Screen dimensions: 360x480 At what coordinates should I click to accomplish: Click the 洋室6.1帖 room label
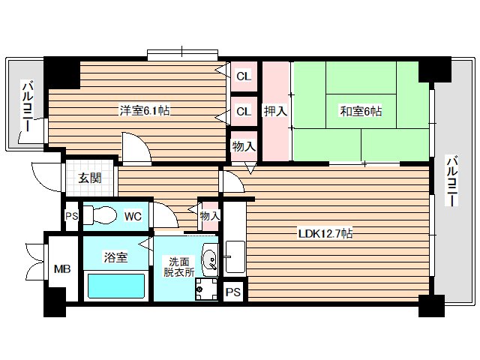coord(143,111)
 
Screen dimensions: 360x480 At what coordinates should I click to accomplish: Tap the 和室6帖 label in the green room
coord(361,111)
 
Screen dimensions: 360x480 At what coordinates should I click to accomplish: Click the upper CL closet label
coord(243,76)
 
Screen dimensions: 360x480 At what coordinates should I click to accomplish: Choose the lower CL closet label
coord(243,112)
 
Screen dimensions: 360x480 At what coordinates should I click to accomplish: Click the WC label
coord(133,217)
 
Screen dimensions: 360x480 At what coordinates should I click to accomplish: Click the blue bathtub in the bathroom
coord(116,286)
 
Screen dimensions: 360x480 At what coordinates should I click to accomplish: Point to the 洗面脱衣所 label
coord(179,268)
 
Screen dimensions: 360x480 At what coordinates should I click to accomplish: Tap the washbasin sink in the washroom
coord(209,261)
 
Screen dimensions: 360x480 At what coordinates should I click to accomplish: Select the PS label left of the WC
coord(71,217)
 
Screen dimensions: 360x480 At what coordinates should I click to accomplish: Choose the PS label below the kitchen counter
coord(233,291)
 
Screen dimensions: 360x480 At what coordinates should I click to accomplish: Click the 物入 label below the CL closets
coord(242,145)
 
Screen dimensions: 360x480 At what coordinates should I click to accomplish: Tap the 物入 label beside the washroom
coord(210,216)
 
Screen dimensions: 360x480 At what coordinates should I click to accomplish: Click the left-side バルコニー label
coord(27,107)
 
